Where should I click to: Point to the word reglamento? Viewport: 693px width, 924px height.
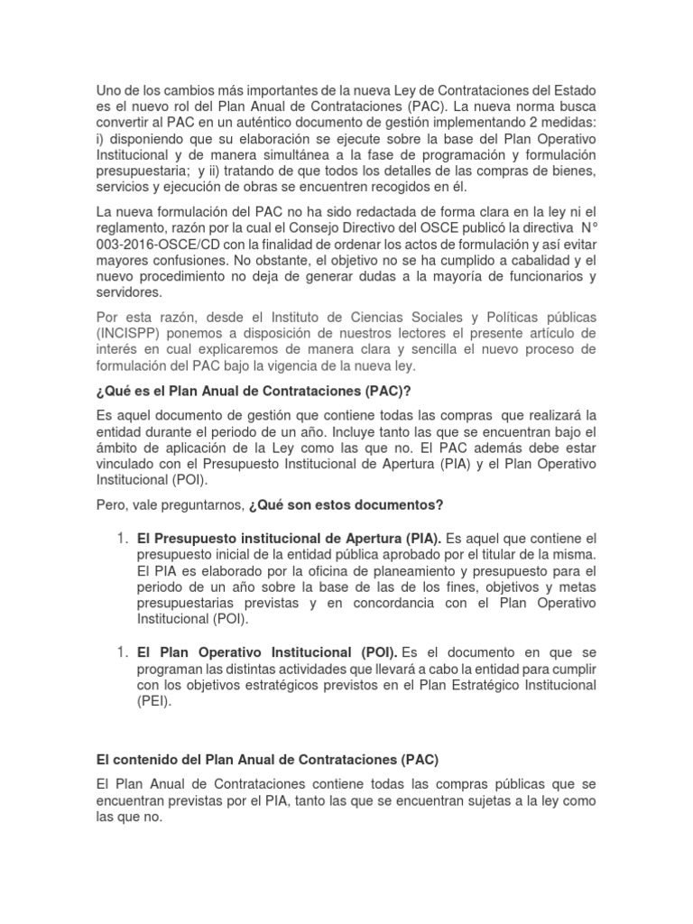[135, 227]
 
